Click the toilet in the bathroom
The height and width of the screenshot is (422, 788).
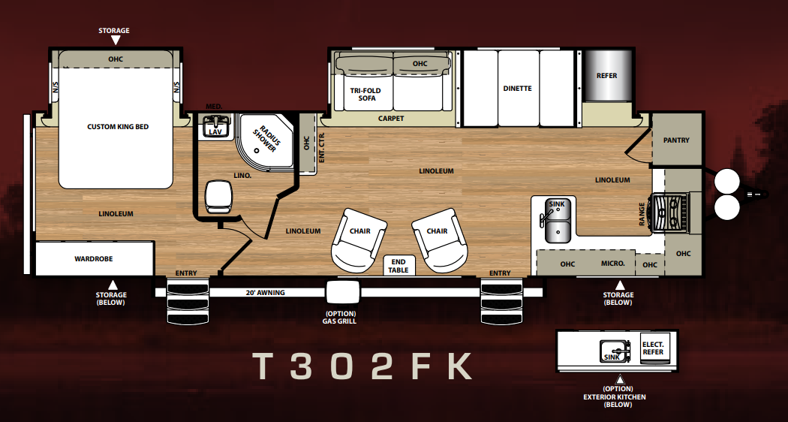(218, 196)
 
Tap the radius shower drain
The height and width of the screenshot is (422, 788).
(257, 150)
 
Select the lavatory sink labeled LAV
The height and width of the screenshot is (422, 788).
(215, 125)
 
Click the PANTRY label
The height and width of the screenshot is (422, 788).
(676, 140)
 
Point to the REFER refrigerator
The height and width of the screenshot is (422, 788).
(607, 75)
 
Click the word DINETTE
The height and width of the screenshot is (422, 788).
(517, 89)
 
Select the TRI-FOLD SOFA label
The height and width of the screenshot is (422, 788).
(366, 94)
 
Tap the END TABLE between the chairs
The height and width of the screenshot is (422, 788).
(399, 266)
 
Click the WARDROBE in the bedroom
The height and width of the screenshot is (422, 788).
(94, 258)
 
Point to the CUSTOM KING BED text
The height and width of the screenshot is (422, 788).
(118, 127)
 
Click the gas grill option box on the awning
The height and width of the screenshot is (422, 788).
(343, 292)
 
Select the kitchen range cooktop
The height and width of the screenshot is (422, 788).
(669, 213)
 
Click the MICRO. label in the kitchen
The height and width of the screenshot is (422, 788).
(613, 264)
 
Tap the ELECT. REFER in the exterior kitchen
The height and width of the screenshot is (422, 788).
(654, 348)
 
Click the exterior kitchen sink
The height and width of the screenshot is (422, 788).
(614, 350)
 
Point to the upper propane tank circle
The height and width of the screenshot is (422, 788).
(726, 181)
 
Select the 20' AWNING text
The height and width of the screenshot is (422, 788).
(266, 292)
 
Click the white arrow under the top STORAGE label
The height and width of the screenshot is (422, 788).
(115, 41)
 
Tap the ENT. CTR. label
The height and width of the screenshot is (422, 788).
(322, 147)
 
